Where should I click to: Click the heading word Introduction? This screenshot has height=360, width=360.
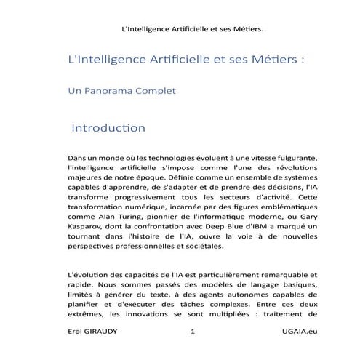(108, 128)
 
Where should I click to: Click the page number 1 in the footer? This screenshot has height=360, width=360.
(192, 332)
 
